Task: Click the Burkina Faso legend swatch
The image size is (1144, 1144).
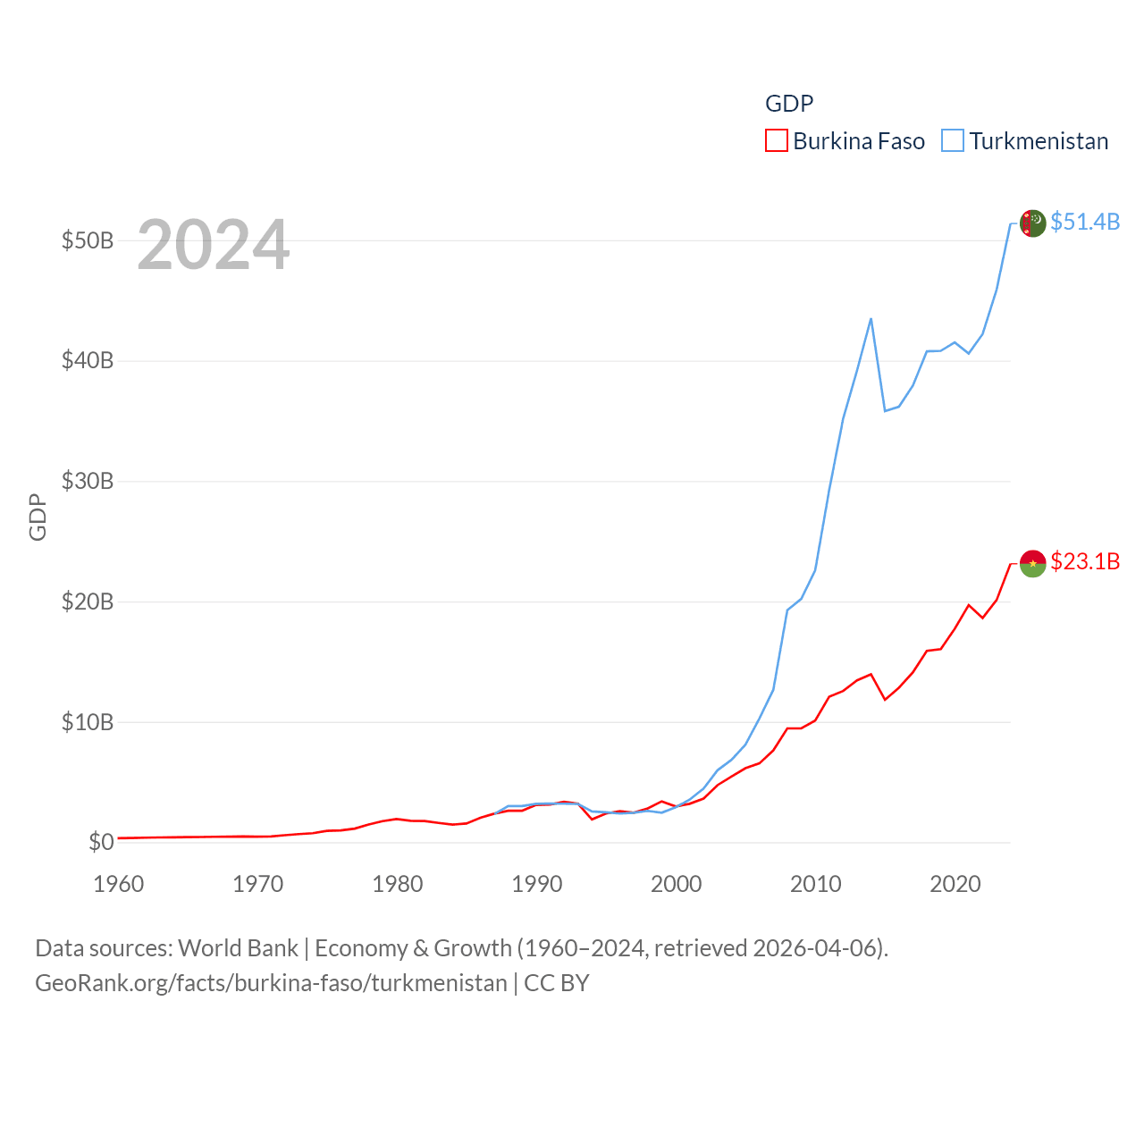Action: pyautogui.click(x=776, y=141)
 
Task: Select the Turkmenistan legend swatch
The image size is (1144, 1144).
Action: pyautogui.click(x=953, y=141)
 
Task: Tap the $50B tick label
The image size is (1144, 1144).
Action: pyautogui.click(x=88, y=240)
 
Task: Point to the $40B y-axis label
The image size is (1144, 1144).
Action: pyautogui.click(x=88, y=361)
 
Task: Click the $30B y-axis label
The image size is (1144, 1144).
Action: pyautogui.click(x=88, y=481)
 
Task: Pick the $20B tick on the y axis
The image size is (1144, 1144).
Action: pyautogui.click(x=88, y=601)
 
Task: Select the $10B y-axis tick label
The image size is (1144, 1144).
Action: pyautogui.click(x=88, y=722)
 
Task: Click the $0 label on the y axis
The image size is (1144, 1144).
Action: pyautogui.click(x=101, y=842)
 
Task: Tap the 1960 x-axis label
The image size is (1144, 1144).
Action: pyautogui.click(x=119, y=884)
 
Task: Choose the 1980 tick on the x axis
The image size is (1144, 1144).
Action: pyautogui.click(x=398, y=884)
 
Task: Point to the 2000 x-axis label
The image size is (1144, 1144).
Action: pyautogui.click(x=677, y=884)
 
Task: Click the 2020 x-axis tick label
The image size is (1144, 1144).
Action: pyautogui.click(x=955, y=884)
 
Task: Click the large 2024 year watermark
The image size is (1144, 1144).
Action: pyautogui.click(x=214, y=245)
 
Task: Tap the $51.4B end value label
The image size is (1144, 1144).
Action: pyautogui.click(x=1085, y=222)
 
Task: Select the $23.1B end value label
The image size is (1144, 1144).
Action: pyautogui.click(x=1085, y=561)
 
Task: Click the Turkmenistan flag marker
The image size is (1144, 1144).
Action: pyautogui.click(x=1032, y=223)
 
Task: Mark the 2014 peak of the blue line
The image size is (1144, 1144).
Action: pyautogui.click(x=871, y=319)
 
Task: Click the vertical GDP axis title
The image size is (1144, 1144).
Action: pyautogui.click(x=38, y=517)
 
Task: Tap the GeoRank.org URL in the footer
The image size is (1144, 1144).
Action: pyautogui.click(x=271, y=983)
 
